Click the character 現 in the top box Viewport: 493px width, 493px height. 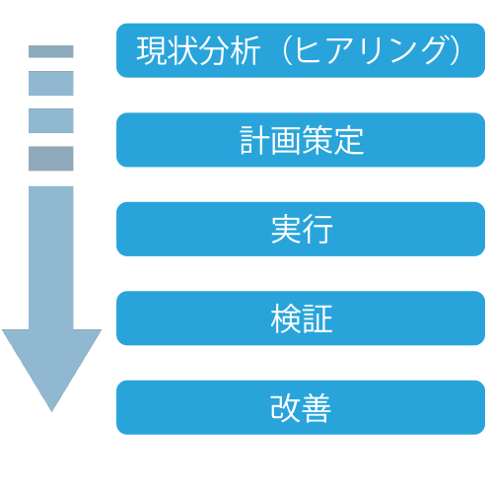152,50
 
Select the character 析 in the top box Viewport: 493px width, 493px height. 246,50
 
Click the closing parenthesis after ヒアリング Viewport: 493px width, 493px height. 456,50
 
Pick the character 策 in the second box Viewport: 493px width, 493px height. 317,140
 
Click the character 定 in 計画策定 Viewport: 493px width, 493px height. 348,140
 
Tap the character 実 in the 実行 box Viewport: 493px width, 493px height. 286,229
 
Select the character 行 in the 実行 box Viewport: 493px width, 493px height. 317,229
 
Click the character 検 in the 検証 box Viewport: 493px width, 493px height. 286,318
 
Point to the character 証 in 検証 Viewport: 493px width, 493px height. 317,318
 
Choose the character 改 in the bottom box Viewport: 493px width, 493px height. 285,407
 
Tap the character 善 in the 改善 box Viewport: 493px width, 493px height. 316,407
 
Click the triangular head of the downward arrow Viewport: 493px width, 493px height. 51,362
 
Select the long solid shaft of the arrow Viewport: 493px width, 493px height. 51,258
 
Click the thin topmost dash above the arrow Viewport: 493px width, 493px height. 51,51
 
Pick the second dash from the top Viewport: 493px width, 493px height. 51,83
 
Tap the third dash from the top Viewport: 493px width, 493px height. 51,120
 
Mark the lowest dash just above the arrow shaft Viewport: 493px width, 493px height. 51,159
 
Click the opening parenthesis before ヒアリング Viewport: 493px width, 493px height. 287,50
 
